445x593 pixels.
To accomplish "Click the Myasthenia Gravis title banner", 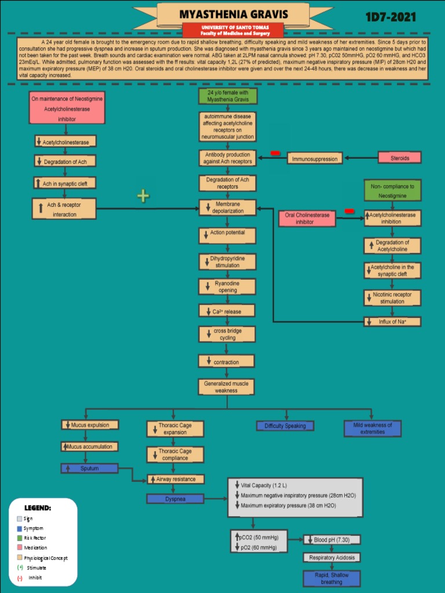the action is click(234, 14).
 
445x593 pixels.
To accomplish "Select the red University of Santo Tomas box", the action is click(234, 30).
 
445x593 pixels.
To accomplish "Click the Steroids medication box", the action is click(399, 158).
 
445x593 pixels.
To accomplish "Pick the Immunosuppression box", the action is click(315, 158).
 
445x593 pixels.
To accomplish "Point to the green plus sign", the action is click(143, 196).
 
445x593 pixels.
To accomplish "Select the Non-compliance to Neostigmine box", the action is click(392, 191).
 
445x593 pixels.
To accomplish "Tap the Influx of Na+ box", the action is click(392, 321).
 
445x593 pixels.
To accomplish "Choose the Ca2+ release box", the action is click(227, 312).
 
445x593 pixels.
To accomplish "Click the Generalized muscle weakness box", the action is click(227, 387).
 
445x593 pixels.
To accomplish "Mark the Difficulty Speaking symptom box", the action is click(285, 426).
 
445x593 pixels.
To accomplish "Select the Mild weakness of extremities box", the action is click(372, 429).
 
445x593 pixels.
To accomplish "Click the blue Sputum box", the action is click(89, 468).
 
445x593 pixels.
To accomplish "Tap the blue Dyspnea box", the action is click(175, 499).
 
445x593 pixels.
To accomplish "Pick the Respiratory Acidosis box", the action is click(331, 558).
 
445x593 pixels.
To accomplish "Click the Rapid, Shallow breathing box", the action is click(331, 578).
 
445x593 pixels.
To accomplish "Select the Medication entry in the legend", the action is click(35, 548).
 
